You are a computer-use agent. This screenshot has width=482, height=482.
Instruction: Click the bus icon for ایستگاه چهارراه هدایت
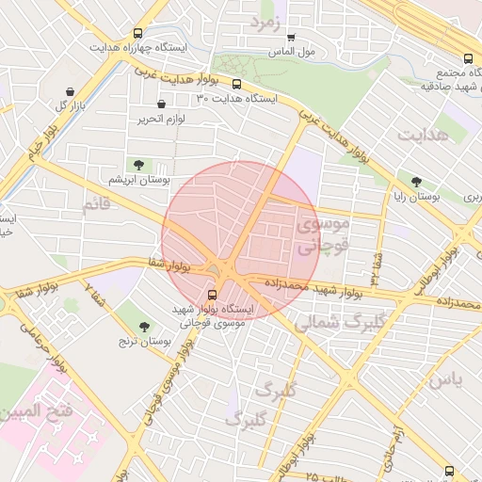click(x=138, y=33)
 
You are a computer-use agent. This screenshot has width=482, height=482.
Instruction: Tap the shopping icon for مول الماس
click(x=290, y=38)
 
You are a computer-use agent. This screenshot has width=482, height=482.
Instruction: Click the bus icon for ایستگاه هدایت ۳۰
click(x=236, y=84)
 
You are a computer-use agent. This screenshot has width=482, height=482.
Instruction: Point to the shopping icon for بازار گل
click(x=71, y=92)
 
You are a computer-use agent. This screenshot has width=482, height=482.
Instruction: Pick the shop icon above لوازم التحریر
click(x=161, y=104)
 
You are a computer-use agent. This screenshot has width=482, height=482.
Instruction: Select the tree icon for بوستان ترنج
click(x=143, y=327)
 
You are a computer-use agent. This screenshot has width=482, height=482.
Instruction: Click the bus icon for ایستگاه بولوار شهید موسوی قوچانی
click(x=211, y=294)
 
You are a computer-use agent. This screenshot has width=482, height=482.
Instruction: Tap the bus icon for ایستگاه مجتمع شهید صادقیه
click(x=469, y=56)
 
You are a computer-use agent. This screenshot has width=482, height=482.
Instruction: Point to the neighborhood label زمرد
click(x=266, y=22)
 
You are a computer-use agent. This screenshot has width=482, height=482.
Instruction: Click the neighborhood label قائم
click(x=95, y=204)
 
